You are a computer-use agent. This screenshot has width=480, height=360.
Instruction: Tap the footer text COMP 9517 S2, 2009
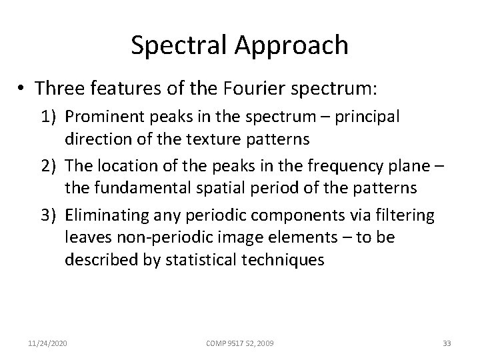point(240,343)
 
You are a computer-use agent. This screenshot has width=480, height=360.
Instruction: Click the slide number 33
point(447,343)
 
